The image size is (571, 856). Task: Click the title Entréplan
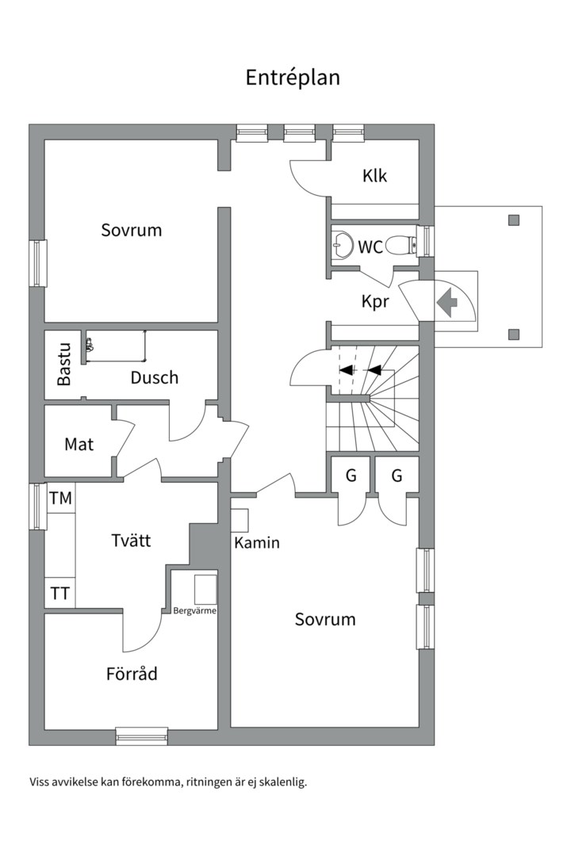tap(293, 78)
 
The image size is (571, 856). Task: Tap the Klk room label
tap(374, 176)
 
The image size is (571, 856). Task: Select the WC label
tap(370, 247)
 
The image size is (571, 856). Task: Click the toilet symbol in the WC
tap(408, 246)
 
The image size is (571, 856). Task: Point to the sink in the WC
tap(343, 244)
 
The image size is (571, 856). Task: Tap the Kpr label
tap(376, 302)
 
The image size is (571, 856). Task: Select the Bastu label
tap(64, 364)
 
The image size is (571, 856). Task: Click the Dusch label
tap(155, 378)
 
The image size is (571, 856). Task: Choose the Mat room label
tap(79, 445)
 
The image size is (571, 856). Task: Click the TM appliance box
tap(60, 499)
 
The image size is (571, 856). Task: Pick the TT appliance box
tap(59, 593)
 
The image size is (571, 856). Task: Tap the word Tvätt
tap(131, 541)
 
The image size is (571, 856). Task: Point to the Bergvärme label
tap(194, 611)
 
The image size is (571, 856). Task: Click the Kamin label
tap(256, 544)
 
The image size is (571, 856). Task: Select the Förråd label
tap(132, 674)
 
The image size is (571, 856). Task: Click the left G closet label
tap(350, 476)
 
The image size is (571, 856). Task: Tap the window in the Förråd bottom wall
tap(141, 736)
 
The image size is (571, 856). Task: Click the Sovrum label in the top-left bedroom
tap(132, 231)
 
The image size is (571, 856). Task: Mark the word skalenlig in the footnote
tap(282, 781)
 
